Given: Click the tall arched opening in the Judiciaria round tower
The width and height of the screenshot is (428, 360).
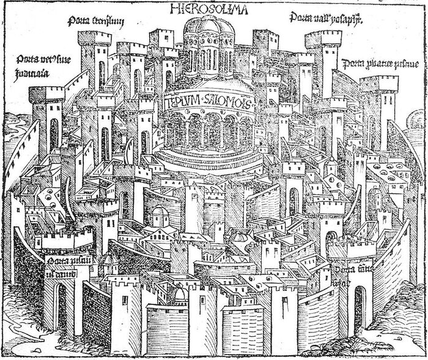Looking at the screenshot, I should [x=54, y=134].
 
